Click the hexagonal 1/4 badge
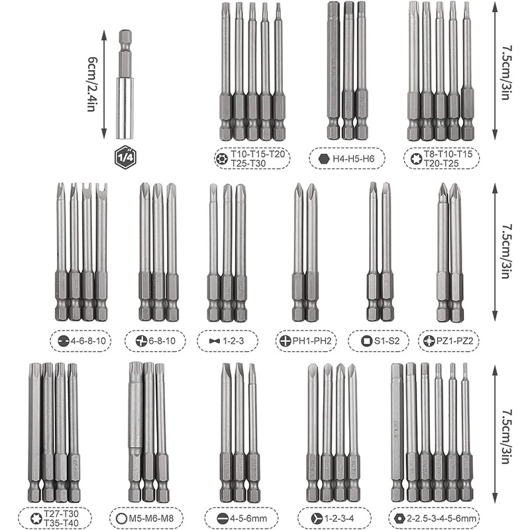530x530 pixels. coord(125,157)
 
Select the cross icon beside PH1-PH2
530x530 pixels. coord(284,341)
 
